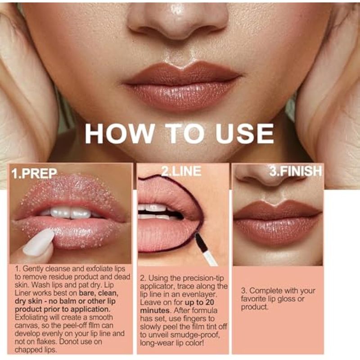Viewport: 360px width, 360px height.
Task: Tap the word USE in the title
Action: coord(244,133)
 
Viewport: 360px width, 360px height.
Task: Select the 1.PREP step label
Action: coord(34,174)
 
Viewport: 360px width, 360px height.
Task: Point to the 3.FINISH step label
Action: coord(296,171)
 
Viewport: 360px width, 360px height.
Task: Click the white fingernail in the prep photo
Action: coord(39,242)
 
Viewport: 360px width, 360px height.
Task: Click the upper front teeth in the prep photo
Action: coord(71,213)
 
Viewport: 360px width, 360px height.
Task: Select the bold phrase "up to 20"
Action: coord(199,302)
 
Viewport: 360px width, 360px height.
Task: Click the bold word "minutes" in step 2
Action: coord(155,310)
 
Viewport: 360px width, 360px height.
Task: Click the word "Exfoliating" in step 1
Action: coord(31,318)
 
